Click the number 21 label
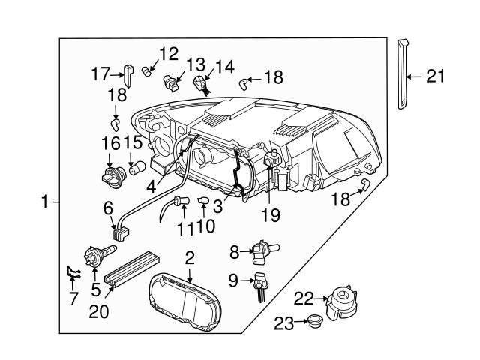435,76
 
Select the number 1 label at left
45,202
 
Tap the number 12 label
169,54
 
